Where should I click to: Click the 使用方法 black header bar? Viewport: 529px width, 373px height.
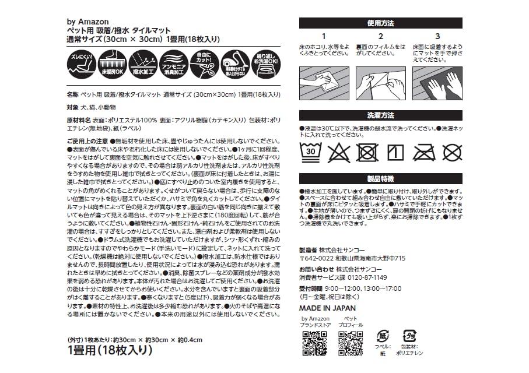click(380, 23)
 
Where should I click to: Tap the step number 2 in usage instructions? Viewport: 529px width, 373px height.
click(380, 36)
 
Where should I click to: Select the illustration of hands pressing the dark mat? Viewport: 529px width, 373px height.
click(436, 83)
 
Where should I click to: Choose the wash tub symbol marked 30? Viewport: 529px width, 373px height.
click(311, 152)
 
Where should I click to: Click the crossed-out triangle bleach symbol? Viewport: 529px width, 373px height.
click(338, 152)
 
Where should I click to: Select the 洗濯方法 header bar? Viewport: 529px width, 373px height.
click(380, 115)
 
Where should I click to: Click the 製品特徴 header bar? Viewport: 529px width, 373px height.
click(380, 178)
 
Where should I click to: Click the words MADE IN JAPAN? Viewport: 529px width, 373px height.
click(327, 308)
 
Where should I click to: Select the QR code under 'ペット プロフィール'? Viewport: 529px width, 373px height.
click(351, 343)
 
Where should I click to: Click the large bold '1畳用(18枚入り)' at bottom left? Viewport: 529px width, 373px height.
click(110, 350)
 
